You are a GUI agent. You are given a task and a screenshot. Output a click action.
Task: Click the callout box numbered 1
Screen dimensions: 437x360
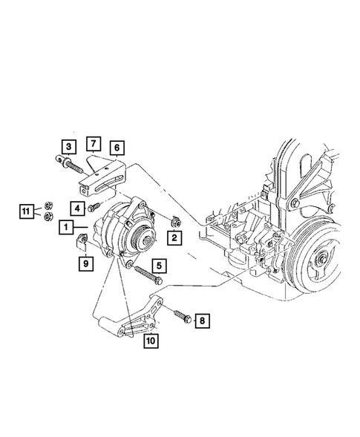(x=67, y=226)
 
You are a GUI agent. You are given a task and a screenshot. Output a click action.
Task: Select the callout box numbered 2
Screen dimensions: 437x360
(x=174, y=238)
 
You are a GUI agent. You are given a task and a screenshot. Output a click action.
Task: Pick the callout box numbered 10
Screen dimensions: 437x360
(x=150, y=341)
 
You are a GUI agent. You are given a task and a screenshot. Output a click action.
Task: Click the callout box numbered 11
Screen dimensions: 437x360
(x=26, y=211)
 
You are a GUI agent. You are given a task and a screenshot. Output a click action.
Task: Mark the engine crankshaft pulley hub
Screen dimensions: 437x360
(x=324, y=259)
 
